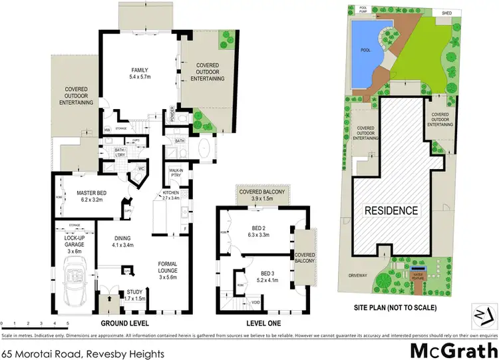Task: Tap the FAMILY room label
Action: click(139, 74)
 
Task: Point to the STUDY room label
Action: click(135, 295)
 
